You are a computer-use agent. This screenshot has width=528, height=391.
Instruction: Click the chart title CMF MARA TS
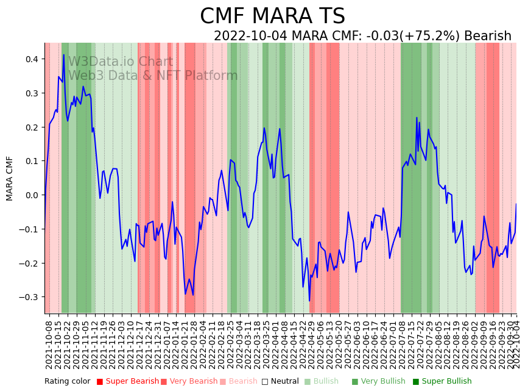coord(272,16)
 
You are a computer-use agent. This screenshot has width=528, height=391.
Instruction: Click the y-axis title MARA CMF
coord(10,178)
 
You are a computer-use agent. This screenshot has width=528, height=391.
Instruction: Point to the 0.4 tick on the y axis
coord(30,59)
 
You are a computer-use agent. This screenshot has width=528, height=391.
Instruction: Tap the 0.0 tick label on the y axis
coord(30,195)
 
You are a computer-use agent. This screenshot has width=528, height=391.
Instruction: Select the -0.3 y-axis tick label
coord(29,297)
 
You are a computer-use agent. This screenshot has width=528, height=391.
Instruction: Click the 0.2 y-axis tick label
coord(30,127)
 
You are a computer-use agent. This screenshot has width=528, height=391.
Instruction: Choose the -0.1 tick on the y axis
coord(29,229)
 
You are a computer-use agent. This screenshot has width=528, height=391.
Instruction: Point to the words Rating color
coord(67,381)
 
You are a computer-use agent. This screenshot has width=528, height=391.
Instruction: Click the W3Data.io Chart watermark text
coord(121,62)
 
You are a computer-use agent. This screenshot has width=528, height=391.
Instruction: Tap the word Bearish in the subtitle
coord(487,37)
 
